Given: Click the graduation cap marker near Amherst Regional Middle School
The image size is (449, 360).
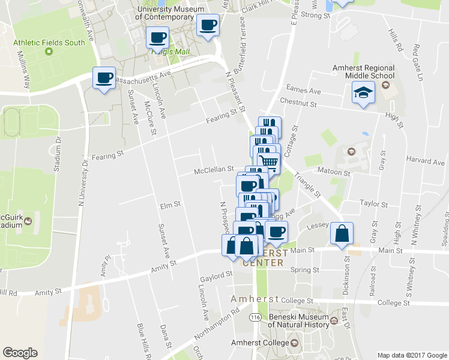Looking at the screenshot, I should pos(363,93).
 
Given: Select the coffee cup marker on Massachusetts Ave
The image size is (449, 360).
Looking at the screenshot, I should pos(104,79).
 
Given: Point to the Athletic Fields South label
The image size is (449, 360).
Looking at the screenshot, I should pos(50,43).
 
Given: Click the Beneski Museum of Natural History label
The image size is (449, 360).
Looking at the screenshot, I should pos(298,320).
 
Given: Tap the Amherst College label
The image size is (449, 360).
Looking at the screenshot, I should pos(259,343).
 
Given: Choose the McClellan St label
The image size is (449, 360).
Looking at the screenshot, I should pos(214,170).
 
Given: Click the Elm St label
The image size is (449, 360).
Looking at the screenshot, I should pos(170,205).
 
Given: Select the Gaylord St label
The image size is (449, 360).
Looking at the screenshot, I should pos(217,274).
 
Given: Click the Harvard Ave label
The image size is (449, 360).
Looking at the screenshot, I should pos(425,161).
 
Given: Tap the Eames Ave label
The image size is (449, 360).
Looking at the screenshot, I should pos(304,91).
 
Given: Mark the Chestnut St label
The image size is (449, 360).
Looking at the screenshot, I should pos(302,104).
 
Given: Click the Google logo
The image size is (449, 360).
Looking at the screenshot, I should pos(20,353).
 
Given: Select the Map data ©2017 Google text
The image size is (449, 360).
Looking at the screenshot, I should pos(412,355).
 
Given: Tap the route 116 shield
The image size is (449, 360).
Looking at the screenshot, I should pos(256,317).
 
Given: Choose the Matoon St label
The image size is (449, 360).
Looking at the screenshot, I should pos(334,173).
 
